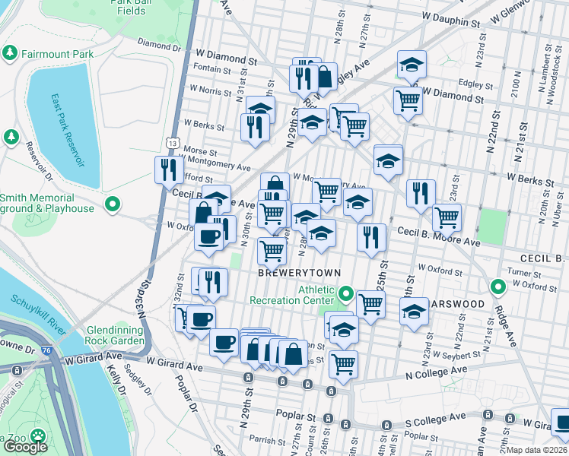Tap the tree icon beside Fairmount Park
[x=10, y=54]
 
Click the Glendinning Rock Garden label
[x=115, y=334]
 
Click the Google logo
[x=25, y=446]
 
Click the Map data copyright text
[x=538, y=449]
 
